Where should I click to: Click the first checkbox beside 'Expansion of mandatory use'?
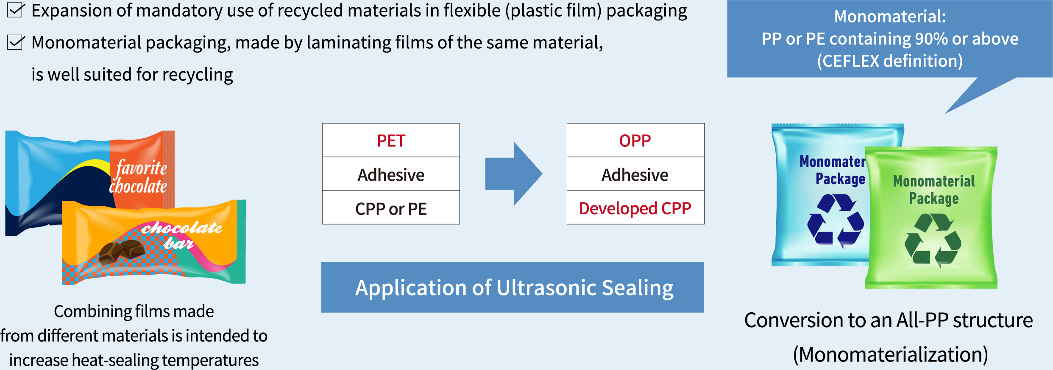pyautogui.click(x=15, y=10)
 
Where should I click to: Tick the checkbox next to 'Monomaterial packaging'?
pyautogui.click(x=15, y=42)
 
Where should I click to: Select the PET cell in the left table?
pyautogui.click(x=391, y=140)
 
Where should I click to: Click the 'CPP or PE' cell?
pyautogui.click(x=391, y=208)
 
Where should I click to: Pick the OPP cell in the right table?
pyautogui.click(x=635, y=140)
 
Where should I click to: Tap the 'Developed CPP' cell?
pyautogui.click(x=635, y=208)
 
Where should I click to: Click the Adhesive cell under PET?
pyautogui.click(x=391, y=174)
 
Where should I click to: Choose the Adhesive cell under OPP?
pyautogui.click(x=635, y=174)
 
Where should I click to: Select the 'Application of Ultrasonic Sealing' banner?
pyautogui.click(x=513, y=287)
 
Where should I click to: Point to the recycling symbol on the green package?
pyautogui.click(x=933, y=240)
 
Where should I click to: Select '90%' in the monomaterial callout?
pyautogui.click(x=931, y=39)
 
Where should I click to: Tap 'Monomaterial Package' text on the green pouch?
pyautogui.click(x=934, y=190)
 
